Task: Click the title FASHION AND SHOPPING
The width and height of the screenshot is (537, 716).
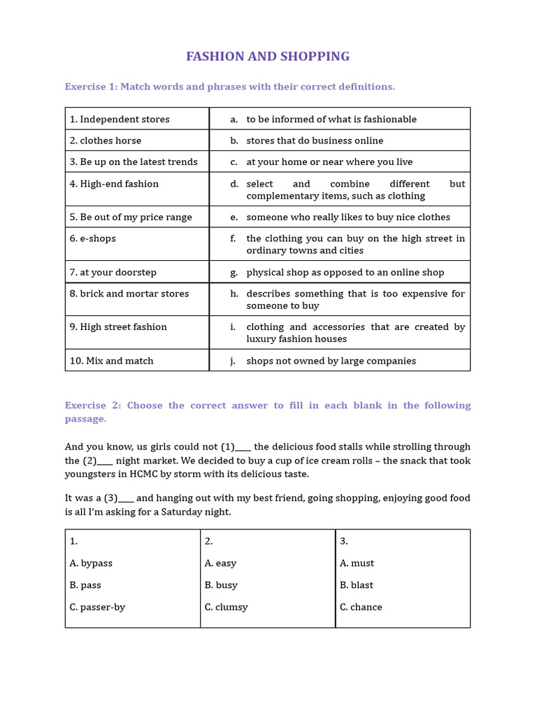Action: pyautogui.click(x=268, y=57)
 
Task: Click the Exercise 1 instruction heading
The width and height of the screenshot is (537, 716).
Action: pyautogui.click(x=229, y=87)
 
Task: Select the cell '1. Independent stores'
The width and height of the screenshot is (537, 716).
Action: pyautogui.click(x=120, y=120)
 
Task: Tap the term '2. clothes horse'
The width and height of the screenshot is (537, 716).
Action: pyautogui.click(x=106, y=141)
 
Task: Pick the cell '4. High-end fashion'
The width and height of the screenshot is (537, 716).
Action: pyautogui.click(x=114, y=184)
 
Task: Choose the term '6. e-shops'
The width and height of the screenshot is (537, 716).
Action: pyautogui.click(x=93, y=238)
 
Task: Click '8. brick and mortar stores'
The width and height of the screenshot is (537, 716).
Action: pyautogui.click(x=129, y=294)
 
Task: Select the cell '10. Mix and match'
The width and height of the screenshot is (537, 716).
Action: pyautogui.click(x=112, y=361)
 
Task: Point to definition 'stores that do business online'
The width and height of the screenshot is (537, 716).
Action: pyautogui.click(x=315, y=141)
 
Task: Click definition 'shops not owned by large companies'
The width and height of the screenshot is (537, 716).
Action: pyautogui.click(x=331, y=361)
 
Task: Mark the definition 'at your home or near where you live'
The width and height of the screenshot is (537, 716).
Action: pyautogui.click(x=329, y=162)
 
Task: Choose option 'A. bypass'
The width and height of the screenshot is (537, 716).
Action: pyautogui.click(x=91, y=564)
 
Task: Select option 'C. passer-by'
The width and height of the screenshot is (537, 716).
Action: pyautogui.click(x=97, y=607)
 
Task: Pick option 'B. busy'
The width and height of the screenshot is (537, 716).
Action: pyautogui.click(x=221, y=585)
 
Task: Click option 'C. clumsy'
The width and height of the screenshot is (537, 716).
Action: pyautogui.click(x=226, y=607)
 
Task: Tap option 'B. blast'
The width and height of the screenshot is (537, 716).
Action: pyautogui.click(x=357, y=585)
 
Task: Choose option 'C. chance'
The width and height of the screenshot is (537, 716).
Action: pyautogui.click(x=361, y=607)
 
